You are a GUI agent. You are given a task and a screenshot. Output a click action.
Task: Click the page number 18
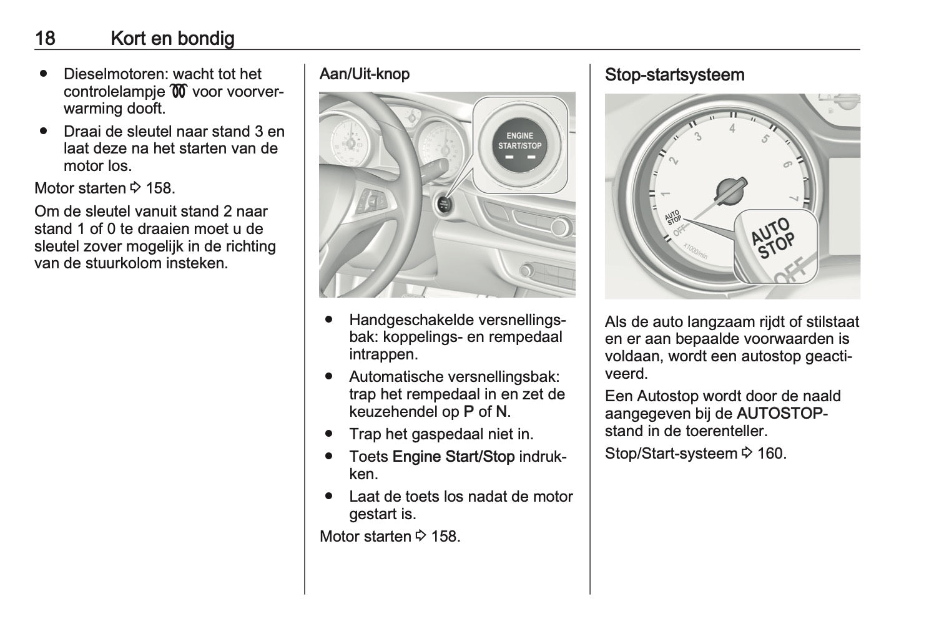pos(45,39)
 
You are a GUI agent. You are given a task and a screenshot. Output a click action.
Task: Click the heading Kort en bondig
pos(172,39)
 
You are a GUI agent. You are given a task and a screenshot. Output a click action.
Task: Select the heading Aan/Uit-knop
pos(365,74)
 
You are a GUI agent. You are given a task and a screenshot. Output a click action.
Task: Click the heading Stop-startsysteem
pos(674,75)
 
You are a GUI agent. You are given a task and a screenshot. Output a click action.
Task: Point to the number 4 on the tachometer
pos(732,129)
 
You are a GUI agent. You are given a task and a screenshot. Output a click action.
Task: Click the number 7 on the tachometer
pos(794,199)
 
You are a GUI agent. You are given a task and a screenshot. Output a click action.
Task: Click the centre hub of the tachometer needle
pos(730,189)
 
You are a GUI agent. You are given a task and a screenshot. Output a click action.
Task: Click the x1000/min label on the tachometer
pos(695,250)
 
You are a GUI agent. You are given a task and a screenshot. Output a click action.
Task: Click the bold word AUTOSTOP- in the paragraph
pos(782,414)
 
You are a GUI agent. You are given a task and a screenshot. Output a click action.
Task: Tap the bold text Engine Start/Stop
pos(453,457)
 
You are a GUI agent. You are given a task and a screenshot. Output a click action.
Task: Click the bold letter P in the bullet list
pos(469,412)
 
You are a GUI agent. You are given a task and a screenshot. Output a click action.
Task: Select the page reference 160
pos(771,453)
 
